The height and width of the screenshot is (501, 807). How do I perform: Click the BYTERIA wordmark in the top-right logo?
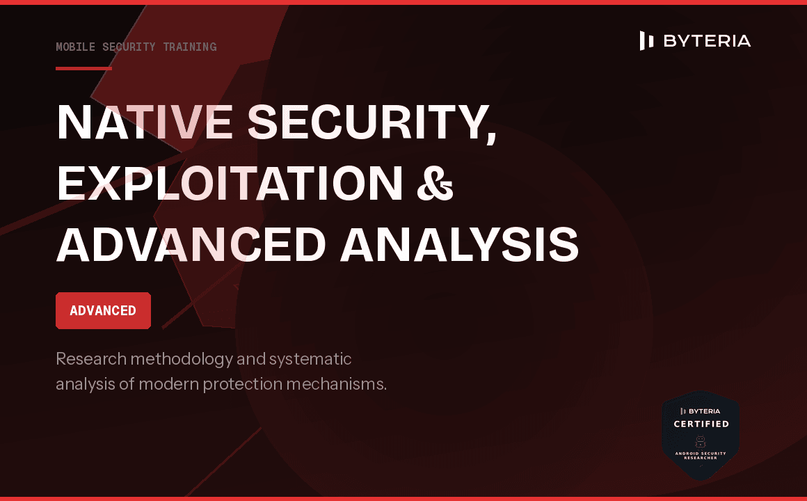tap(707, 41)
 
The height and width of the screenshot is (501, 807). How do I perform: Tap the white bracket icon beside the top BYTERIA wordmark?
tap(646, 41)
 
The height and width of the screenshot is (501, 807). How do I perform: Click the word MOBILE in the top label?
tap(76, 47)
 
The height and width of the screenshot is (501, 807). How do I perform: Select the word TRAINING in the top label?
tap(190, 47)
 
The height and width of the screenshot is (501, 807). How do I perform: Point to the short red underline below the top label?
tap(83, 68)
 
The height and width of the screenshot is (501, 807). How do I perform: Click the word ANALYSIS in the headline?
tap(459, 244)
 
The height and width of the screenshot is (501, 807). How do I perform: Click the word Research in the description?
tap(91, 360)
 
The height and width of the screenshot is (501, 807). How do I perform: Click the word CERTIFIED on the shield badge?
tap(701, 424)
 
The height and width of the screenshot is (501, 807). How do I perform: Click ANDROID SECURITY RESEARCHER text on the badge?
tap(701, 456)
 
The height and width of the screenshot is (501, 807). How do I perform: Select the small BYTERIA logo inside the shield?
tap(701, 411)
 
